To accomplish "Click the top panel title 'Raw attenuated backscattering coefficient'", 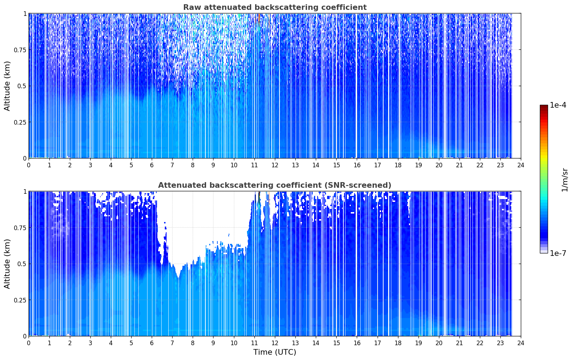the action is click(x=275, y=7).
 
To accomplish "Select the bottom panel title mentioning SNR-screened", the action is click(x=275, y=185).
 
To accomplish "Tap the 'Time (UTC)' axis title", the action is click(x=275, y=352).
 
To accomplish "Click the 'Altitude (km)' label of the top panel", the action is click(x=7, y=86).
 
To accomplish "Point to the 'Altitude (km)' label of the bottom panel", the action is click(x=7, y=264).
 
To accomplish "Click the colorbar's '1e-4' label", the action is click(x=558, y=105).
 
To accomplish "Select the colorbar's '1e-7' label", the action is click(x=558, y=253).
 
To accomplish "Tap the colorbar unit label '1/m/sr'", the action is click(x=565, y=180).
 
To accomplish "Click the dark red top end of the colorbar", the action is click(x=544, y=106).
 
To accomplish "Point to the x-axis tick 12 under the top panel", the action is click(x=275, y=165).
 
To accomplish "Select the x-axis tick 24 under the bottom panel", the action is click(x=521, y=343).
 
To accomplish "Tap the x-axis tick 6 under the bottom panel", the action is click(x=152, y=343).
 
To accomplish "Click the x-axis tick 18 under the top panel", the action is click(x=398, y=165).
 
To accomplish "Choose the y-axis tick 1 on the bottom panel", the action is click(x=25, y=192).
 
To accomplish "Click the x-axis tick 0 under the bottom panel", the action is click(x=29, y=343).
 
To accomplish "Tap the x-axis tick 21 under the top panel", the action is click(x=459, y=165).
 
